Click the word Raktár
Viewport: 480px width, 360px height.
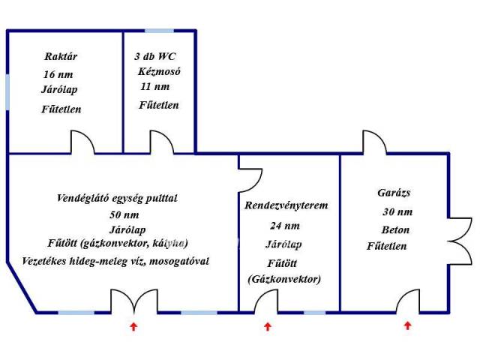[61, 56]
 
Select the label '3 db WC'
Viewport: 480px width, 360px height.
[156, 56]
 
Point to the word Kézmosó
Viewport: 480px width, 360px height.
[159, 72]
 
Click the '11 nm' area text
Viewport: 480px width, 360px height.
[154, 87]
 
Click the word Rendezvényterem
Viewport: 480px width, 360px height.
[286, 205]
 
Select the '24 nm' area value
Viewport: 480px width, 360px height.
[284, 225]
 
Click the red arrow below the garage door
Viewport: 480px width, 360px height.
[408, 325]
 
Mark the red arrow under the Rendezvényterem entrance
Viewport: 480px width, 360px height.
[268, 326]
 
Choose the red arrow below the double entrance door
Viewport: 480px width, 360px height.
[133, 326]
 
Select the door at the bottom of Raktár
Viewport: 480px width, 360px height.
[82, 142]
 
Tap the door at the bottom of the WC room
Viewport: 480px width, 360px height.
[161, 142]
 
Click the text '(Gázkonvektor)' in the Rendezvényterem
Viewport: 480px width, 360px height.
[283, 280]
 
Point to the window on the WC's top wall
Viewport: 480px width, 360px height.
[159, 31]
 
